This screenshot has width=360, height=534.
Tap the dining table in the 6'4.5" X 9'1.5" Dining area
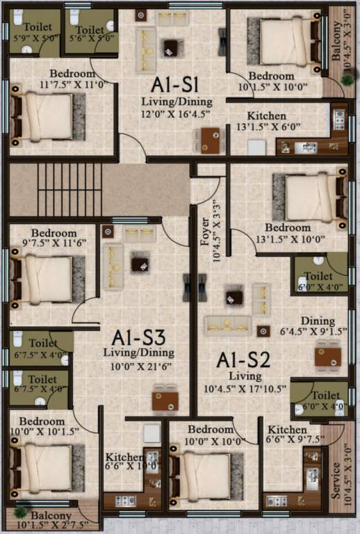tap(327, 357)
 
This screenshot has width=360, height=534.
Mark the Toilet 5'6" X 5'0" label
tap(90, 35)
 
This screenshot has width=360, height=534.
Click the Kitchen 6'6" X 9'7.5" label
tap(286, 435)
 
